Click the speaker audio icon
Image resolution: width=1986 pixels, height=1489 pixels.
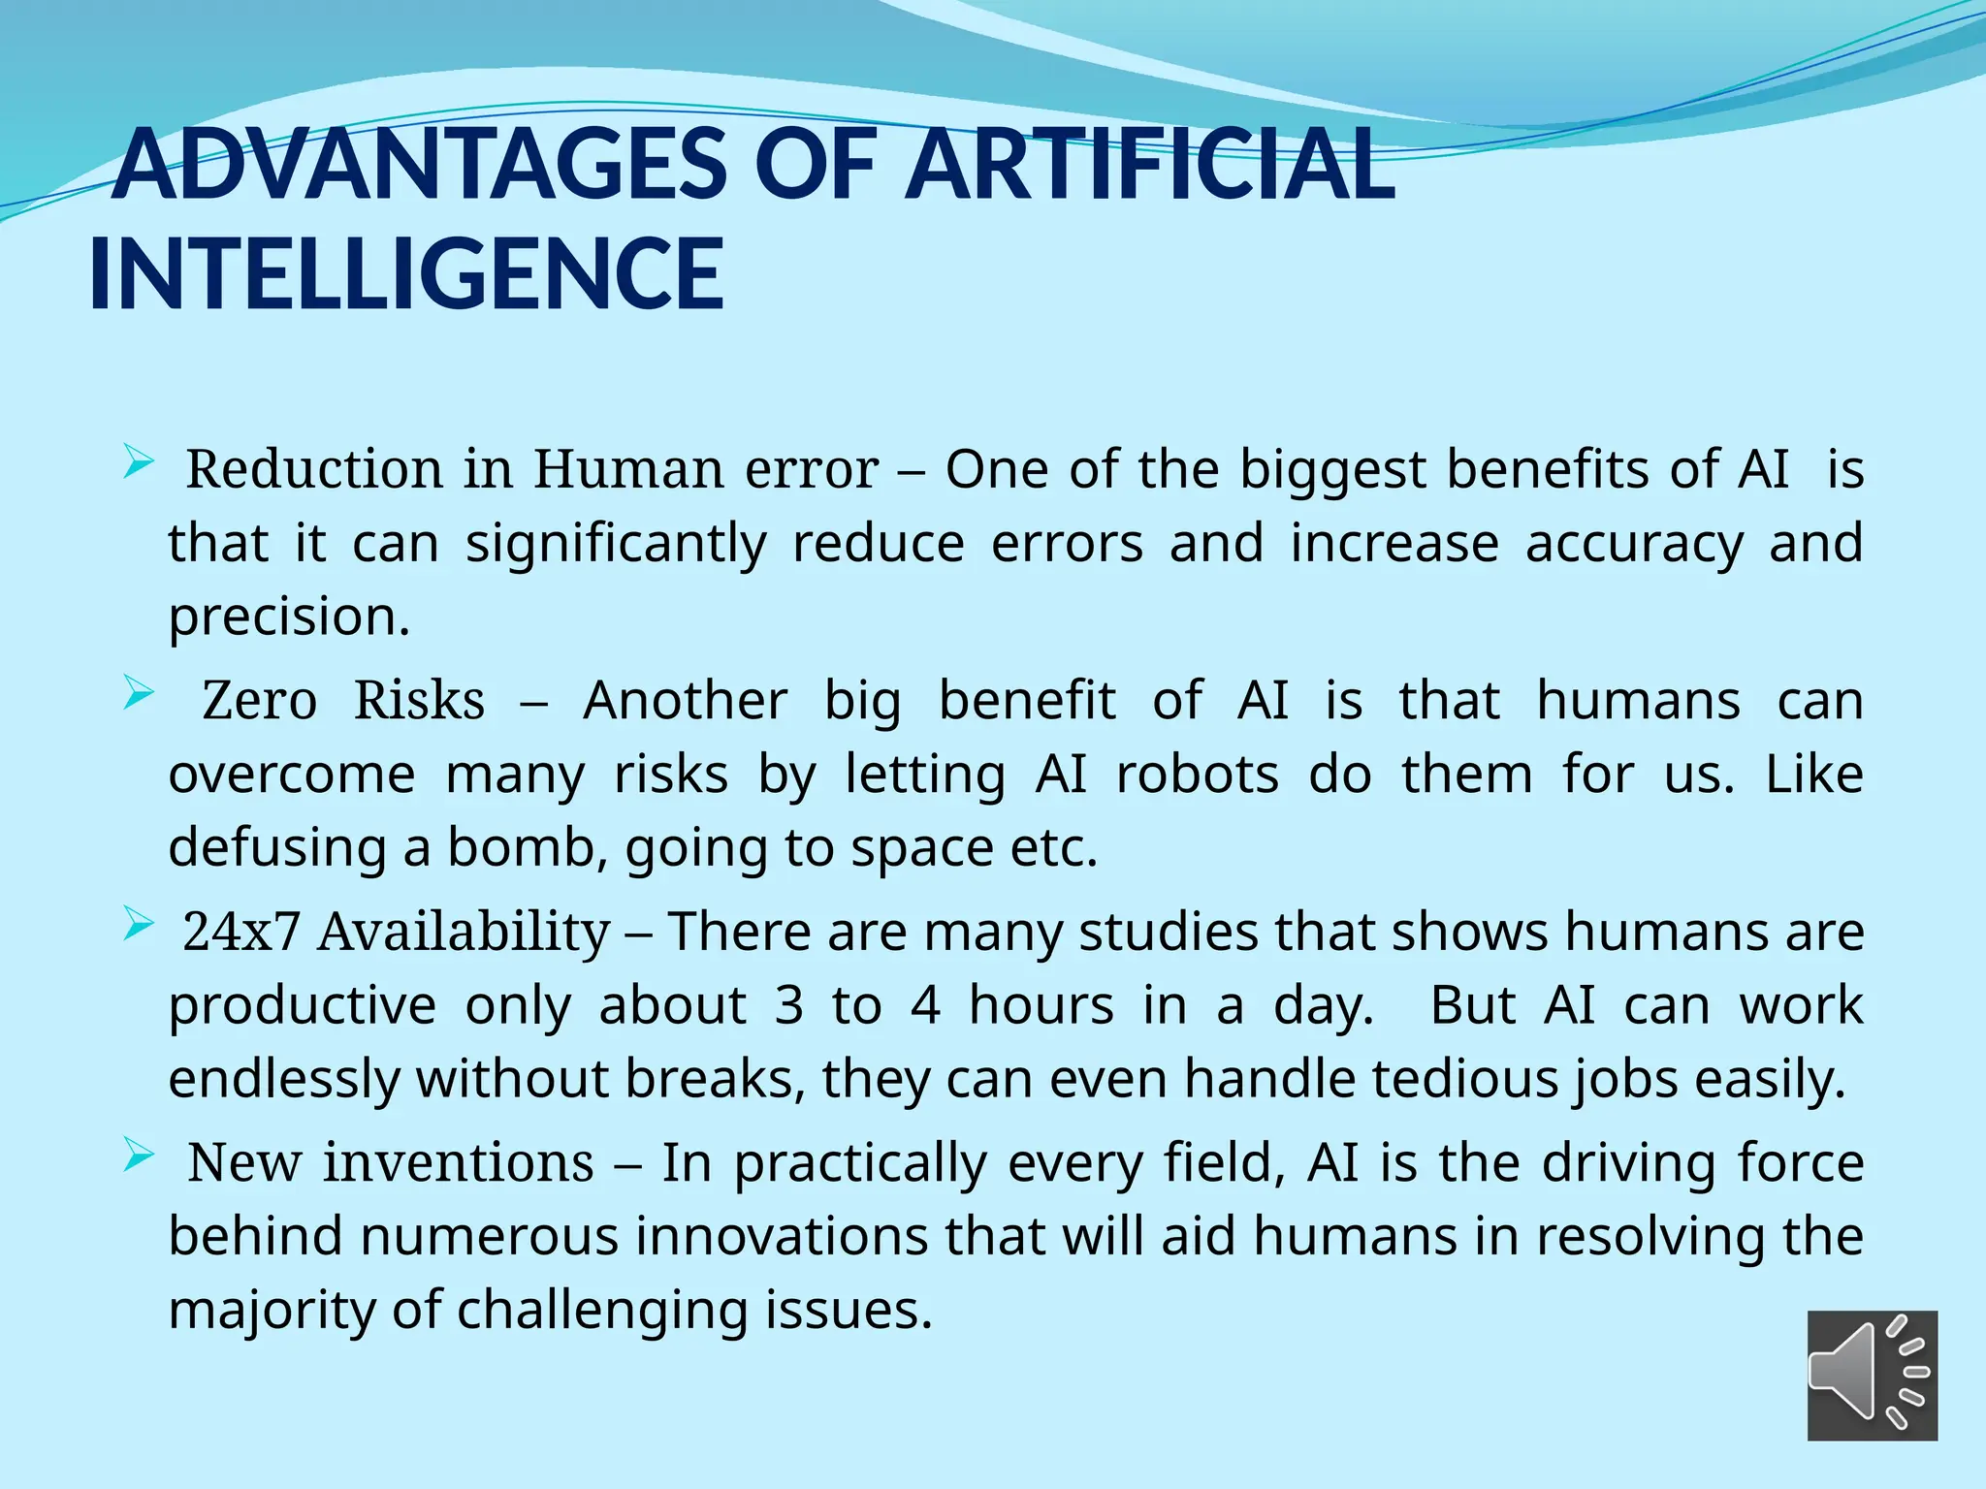[1872, 1375]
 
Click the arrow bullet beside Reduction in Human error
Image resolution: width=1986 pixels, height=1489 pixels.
[138, 464]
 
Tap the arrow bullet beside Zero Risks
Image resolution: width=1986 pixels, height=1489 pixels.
[138, 694]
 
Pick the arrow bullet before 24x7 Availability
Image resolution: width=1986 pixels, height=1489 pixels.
[138, 926]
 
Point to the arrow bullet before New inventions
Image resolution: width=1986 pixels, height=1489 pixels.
[138, 1156]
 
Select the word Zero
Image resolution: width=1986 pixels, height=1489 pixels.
[259, 701]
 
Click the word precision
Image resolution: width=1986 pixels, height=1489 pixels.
[289, 617]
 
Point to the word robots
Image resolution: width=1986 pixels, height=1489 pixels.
[1197, 775]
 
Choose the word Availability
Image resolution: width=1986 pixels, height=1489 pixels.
[464, 933]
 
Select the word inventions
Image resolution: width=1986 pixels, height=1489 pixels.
[458, 1163]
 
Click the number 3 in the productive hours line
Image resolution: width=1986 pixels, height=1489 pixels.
[788, 1006]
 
